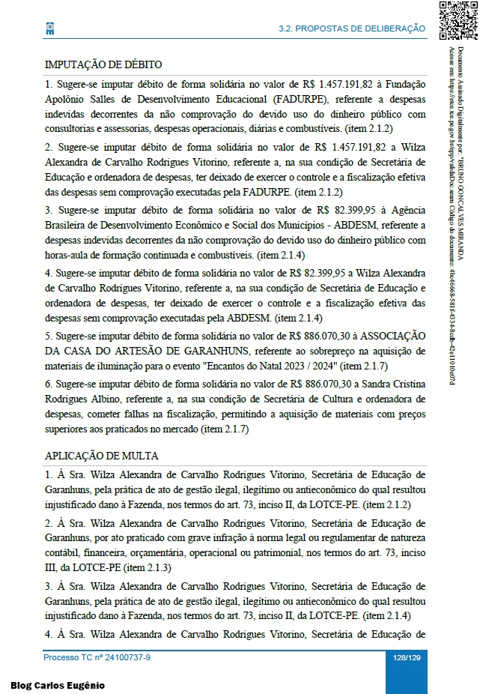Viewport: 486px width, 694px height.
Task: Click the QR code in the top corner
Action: click(x=458, y=20)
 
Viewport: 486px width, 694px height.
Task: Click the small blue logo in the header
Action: click(x=50, y=28)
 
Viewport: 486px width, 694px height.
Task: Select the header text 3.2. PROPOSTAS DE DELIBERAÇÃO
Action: click(x=351, y=28)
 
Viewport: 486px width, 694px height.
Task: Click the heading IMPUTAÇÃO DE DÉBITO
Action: click(x=103, y=65)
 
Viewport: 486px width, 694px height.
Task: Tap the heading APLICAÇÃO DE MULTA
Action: click(x=102, y=456)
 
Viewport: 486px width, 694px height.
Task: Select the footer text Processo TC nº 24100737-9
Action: click(x=97, y=657)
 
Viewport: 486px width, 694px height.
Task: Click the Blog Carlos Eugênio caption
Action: click(x=58, y=685)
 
